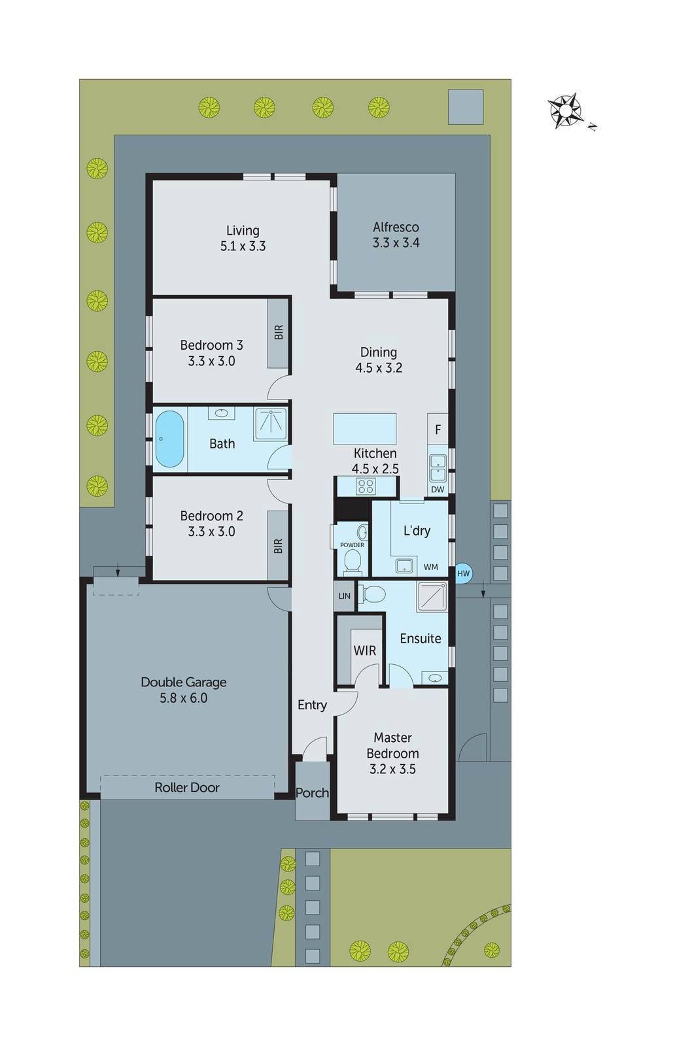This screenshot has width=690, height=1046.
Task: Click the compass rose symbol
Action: [565, 110]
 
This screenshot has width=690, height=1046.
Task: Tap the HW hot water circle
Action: [463, 573]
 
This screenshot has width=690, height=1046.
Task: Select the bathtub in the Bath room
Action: [169, 439]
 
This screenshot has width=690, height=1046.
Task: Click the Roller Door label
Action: [187, 787]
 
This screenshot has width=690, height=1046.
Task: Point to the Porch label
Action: [312, 792]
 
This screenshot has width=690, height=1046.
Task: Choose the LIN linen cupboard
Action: [344, 596]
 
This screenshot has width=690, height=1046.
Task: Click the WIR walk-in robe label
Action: [364, 650]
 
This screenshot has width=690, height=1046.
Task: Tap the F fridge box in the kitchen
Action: [438, 429]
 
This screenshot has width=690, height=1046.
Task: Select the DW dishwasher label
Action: [438, 490]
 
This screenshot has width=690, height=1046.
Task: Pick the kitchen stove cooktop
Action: [366, 486]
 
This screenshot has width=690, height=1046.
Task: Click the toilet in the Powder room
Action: [352, 562]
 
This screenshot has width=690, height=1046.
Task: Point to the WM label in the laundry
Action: [431, 567]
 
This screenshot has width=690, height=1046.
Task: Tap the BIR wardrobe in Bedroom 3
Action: [278, 333]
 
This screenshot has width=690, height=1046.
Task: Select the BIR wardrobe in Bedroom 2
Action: [278, 546]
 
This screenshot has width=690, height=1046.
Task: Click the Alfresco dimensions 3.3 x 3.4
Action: [396, 243]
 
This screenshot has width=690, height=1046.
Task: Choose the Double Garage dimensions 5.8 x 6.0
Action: [183, 698]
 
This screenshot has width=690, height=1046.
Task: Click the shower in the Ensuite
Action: [432, 596]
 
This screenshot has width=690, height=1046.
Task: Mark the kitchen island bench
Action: [365, 429]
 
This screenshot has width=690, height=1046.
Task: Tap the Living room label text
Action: [243, 231]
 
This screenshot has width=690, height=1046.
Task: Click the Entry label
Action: [312, 705]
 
